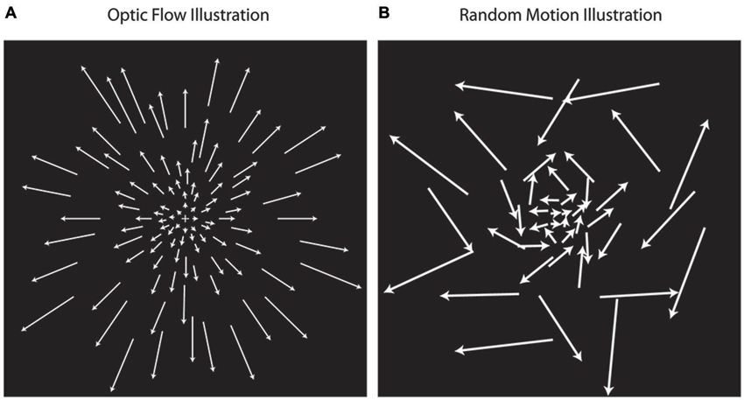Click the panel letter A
10,14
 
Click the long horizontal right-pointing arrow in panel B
640,294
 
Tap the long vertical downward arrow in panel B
612,347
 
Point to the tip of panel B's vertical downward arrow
608,392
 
